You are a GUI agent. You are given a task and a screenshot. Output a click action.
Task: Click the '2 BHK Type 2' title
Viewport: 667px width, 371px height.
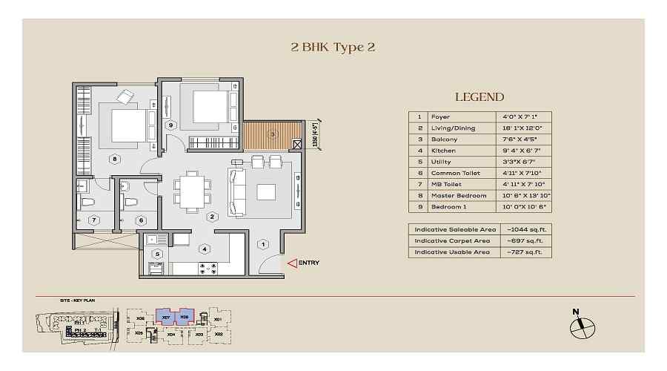333,47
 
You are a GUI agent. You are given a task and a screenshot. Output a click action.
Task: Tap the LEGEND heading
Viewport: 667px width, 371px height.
479,96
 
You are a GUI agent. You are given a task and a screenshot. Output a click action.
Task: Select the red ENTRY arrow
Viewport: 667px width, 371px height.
293,262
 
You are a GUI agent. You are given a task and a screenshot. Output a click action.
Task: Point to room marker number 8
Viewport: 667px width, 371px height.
114,158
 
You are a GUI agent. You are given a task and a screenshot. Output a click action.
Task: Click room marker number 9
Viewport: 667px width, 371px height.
170,125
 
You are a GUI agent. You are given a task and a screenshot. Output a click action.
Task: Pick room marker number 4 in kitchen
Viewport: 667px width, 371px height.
204,249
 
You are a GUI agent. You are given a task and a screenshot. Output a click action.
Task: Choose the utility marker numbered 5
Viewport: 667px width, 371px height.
156,253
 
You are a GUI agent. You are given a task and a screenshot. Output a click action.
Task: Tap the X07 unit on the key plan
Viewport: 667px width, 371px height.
166,318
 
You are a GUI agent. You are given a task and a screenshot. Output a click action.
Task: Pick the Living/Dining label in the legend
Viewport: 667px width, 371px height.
447,128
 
